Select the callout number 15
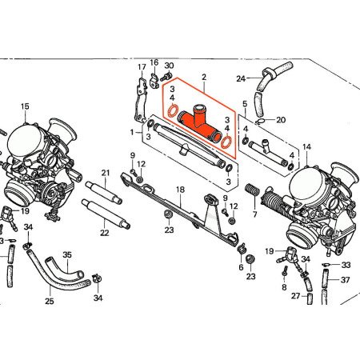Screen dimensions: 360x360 [x=25, y=106]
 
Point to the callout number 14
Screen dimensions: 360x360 [x=307, y=146]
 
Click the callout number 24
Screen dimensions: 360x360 [x=240, y=78]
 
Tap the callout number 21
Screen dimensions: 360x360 [x=105, y=173]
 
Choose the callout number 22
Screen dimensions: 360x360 [x=105, y=232]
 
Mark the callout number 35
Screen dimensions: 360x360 [x=67, y=255]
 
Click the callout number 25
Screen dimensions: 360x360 [x=50, y=302]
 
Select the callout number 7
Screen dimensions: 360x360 [x=254, y=216]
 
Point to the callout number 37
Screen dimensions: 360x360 [x=346, y=280]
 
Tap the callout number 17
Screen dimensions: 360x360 [x=142, y=66]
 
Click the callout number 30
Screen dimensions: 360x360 [x=169, y=65]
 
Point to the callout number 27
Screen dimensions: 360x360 [x=295, y=296]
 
